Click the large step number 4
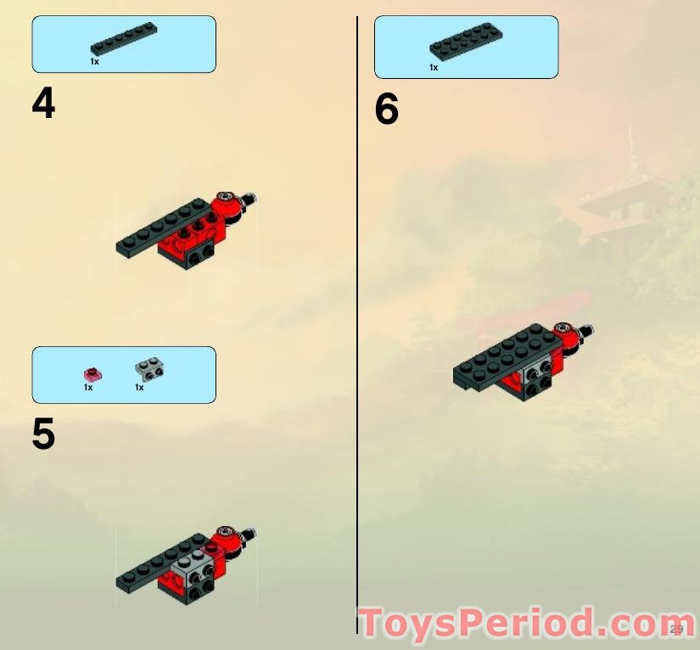click(43, 103)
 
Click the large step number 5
click(43, 434)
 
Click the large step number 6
click(386, 109)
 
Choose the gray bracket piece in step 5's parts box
click(149, 369)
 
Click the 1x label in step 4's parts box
click(94, 62)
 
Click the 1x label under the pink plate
click(88, 388)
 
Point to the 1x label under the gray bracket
click(139, 388)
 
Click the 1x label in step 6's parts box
click(434, 68)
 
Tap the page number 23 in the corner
click(676, 629)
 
